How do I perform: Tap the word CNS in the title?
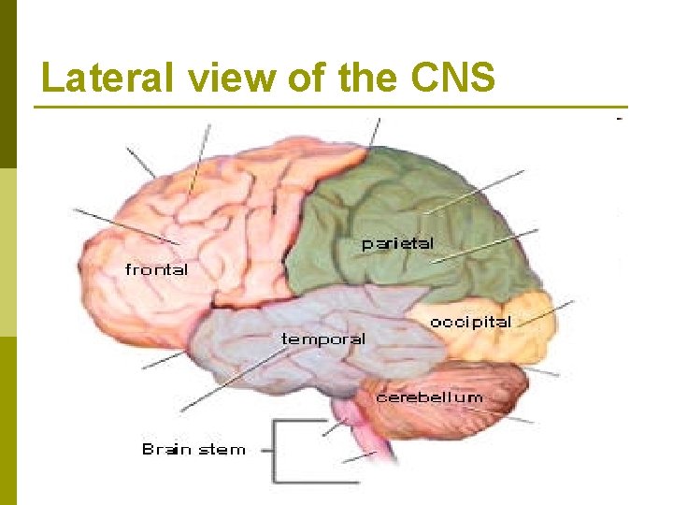tap(452, 78)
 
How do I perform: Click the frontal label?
tap(156, 269)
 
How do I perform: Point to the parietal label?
tap(397, 243)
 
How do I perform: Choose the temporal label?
tap(323, 339)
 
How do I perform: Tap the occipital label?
tap(470, 322)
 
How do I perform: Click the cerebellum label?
tap(429, 397)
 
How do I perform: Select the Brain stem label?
tap(193, 450)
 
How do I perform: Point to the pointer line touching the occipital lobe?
tap(551, 312)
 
